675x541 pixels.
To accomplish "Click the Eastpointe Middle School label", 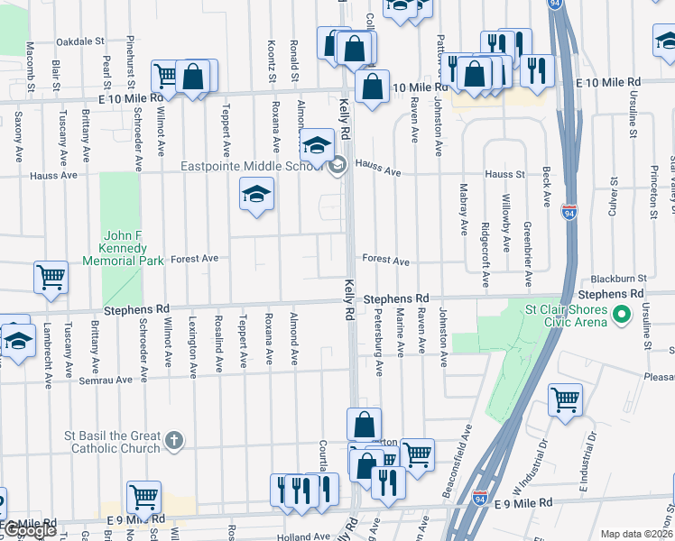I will (x=251, y=166).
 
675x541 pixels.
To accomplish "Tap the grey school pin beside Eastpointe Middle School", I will (x=337, y=164).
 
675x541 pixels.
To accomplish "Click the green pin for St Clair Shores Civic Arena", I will (x=621, y=315).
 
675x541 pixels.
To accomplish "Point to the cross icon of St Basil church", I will (x=175, y=441).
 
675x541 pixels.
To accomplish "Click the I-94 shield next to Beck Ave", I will (x=569, y=212).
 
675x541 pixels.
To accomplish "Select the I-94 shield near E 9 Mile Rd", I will (x=480, y=497).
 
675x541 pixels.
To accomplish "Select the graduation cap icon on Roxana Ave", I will (x=256, y=193).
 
